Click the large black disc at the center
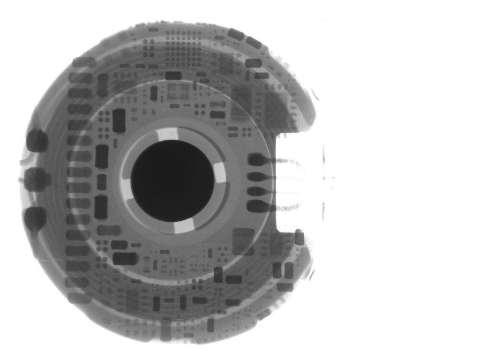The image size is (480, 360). point(172,181)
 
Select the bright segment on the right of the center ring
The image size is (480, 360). point(220,173)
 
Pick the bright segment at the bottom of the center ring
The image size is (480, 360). point(183,226)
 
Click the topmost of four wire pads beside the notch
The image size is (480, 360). point(257,160)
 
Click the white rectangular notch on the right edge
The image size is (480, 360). point(300,183)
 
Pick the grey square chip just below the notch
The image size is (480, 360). point(243,241)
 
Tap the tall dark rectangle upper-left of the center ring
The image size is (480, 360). point(119,120)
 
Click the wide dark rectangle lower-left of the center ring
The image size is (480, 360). point(125,258)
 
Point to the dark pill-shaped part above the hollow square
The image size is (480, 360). point(173,75)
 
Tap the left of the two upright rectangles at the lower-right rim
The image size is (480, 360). point(277,270)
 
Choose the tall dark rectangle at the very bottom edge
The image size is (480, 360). point(165,329)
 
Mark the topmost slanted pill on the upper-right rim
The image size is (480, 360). point(236,34)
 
